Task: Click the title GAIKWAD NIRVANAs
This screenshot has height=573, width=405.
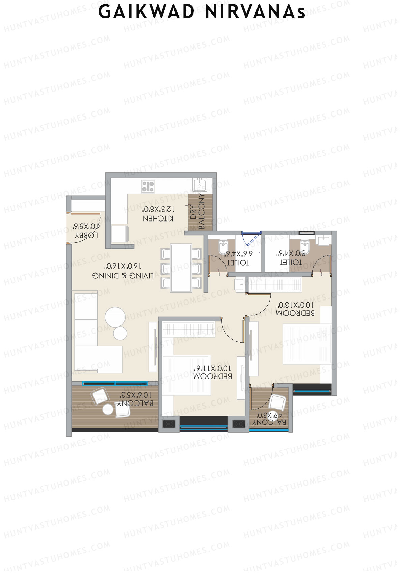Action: click(x=202, y=12)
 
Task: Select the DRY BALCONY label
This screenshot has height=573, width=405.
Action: click(x=197, y=212)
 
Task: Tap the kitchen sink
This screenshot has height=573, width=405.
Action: click(x=199, y=185)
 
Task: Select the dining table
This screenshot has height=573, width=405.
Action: click(x=181, y=268)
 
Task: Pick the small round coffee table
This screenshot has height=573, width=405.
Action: click(x=120, y=333)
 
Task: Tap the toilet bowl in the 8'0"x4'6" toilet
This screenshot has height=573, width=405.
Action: click(x=305, y=246)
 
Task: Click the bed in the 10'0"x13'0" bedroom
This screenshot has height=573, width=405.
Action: click(x=307, y=344)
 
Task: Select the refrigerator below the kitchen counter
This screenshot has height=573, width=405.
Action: click(x=120, y=234)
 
